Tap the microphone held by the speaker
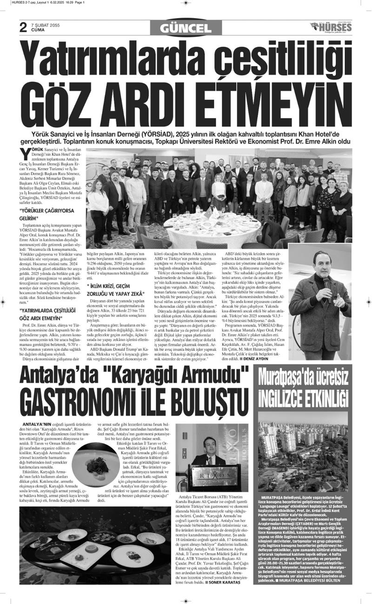pyautogui.click(x=327, y=282)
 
